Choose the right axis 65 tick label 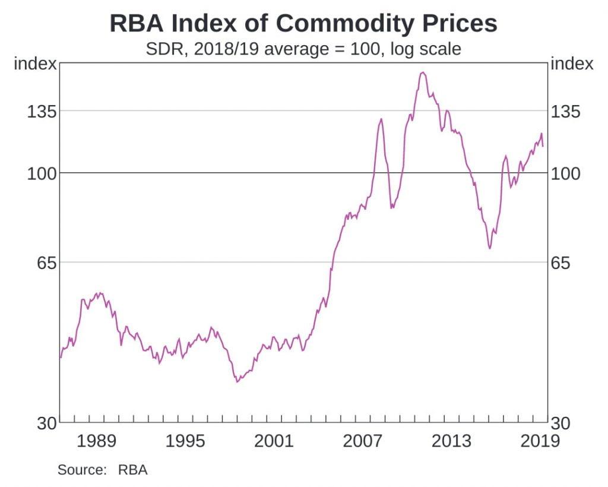(562, 262)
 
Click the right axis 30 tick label (562, 423)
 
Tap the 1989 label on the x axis (96, 441)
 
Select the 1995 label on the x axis (185, 441)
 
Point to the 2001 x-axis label (274, 441)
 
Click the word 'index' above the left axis (35, 64)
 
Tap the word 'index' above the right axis (572, 64)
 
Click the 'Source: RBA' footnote (102, 470)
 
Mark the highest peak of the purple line (422, 72)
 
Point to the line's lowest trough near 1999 (237, 381)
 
